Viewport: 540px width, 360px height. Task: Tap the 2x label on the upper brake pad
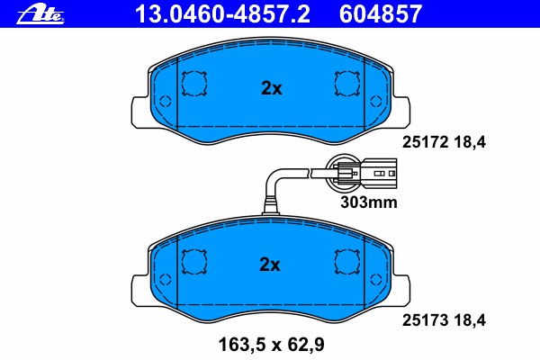(271, 88)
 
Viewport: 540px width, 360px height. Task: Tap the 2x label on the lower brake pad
(271, 265)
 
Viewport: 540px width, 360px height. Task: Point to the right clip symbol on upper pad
(347, 85)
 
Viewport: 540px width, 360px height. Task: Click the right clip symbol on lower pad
(347, 261)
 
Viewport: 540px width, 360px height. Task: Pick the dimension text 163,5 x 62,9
(270, 343)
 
